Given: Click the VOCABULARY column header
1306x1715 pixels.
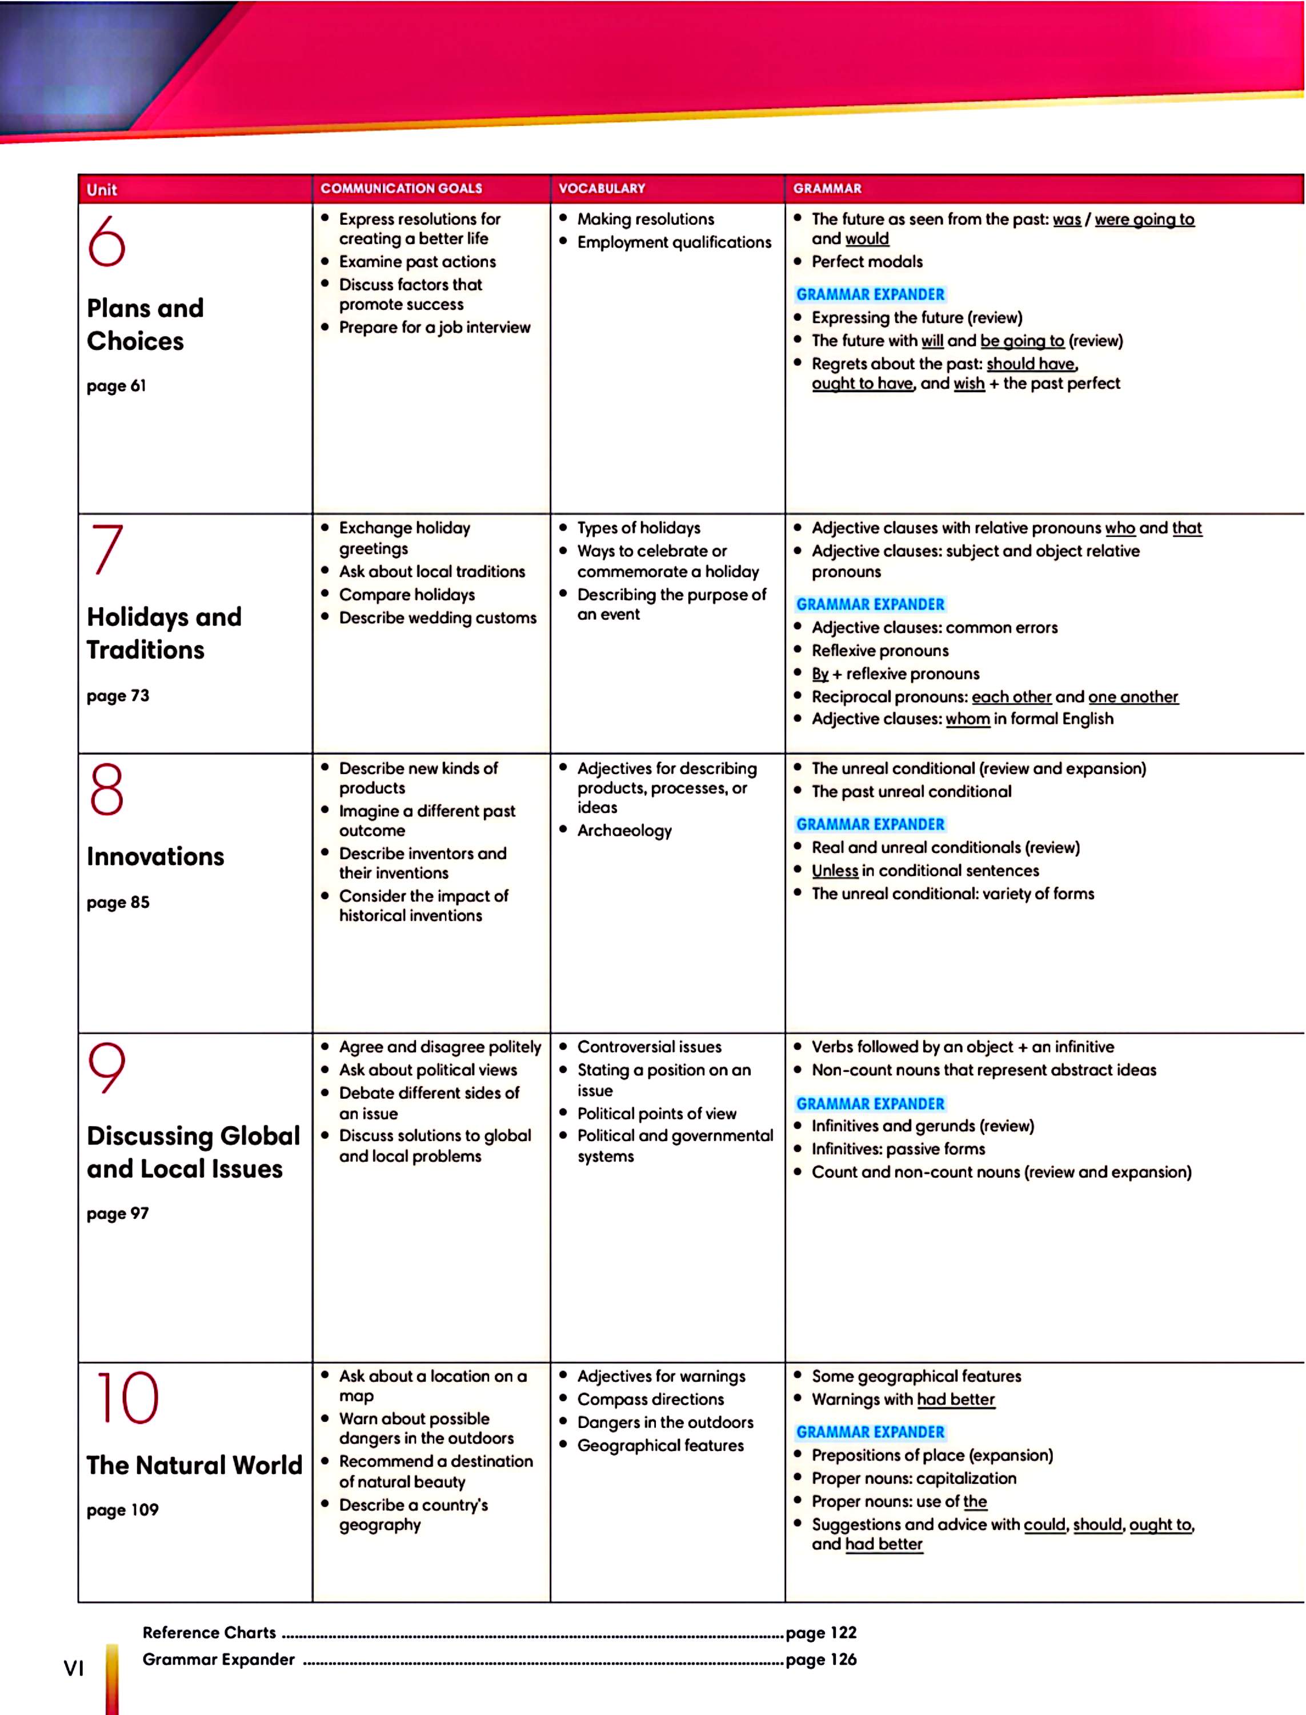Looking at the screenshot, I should coord(601,188).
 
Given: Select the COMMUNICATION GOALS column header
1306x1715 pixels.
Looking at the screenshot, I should coord(401,188).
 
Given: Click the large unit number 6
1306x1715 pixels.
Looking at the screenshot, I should coord(106,241).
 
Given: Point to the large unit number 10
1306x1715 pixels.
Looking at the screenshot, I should coord(127,1398).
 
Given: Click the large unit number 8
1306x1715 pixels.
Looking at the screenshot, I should coord(106,789).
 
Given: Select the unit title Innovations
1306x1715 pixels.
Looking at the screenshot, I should coord(155,856).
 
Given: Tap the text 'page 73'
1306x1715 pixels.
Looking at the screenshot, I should coord(117,695).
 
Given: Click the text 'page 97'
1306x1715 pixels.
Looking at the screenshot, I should coord(117,1213).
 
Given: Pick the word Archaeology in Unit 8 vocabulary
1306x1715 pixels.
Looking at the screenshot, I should coord(624,831).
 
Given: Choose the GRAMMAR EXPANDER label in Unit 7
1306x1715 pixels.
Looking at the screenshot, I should coord(870,604).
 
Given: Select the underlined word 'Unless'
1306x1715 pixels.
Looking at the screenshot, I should coord(835,870).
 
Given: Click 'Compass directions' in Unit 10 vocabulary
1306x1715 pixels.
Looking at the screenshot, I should coord(650,1399).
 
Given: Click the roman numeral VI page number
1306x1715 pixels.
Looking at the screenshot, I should coord(73,1668).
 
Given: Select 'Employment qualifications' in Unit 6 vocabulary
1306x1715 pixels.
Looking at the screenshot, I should coord(674,242).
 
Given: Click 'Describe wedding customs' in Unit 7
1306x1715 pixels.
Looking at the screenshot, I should coord(438,617).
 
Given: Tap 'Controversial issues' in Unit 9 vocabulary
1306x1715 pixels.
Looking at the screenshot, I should coord(649,1047).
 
